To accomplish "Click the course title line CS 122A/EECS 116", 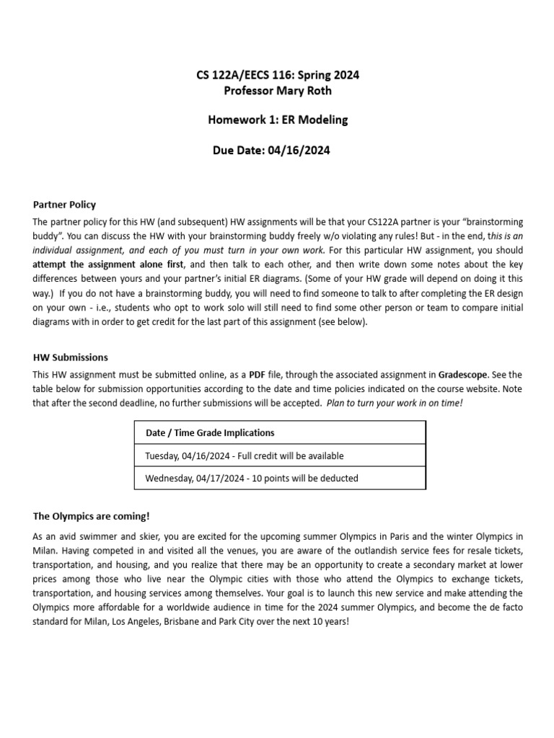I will click(x=278, y=74).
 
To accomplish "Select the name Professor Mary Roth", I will click(x=278, y=90).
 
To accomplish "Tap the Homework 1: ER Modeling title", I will click(x=278, y=120).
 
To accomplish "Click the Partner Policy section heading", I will click(x=64, y=205).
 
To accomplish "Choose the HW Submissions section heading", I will click(x=71, y=357).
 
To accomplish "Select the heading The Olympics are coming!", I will click(x=91, y=516).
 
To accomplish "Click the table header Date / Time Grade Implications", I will click(x=210, y=432).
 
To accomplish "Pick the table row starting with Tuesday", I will click(x=244, y=455).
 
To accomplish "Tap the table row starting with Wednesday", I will click(x=251, y=478).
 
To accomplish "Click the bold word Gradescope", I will click(x=463, y=374).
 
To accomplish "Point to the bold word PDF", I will click(x=258, y=374).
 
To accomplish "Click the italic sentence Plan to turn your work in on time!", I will click(x=395, y=403).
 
